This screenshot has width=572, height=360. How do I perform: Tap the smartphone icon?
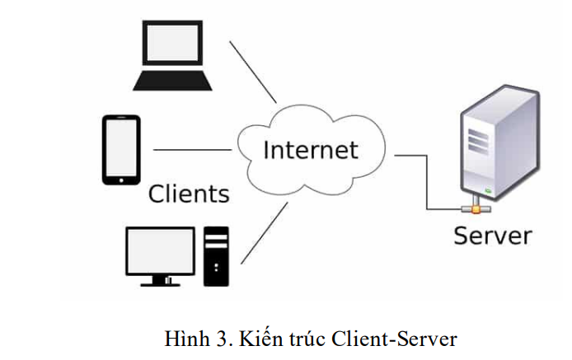point(121,149)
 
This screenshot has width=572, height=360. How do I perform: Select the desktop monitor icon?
point(160,251)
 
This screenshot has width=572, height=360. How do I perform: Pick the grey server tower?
point(491,144)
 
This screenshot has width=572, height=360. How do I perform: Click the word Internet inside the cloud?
point(310,150)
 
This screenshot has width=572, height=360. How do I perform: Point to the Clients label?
point(189,194)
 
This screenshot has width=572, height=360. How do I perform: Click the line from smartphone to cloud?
point(193,150)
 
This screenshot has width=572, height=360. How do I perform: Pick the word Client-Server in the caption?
point(393,338)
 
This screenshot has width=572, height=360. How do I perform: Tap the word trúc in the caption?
point(306,338)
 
